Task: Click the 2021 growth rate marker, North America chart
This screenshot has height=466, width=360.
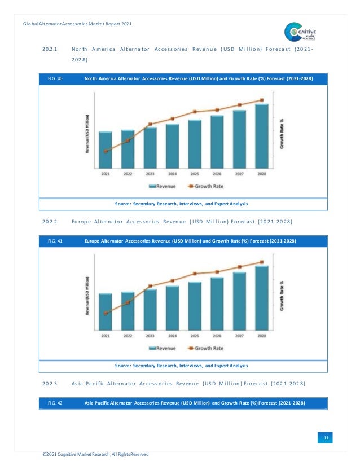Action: (106, 151)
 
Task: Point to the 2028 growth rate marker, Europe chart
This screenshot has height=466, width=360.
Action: (261, 262)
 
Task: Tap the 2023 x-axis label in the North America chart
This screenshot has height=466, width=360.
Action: (150, 174)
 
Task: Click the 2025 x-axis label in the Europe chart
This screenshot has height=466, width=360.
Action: (195, 336)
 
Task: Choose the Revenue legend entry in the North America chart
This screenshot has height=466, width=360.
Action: (162, 186)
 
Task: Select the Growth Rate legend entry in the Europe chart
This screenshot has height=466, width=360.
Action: (205, 348)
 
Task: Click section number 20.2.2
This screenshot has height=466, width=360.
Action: (52, 222)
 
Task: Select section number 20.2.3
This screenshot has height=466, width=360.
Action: (52, 384)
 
